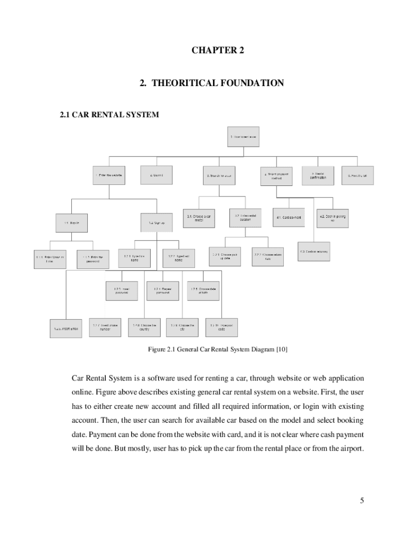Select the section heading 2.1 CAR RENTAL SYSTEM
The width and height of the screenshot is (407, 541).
click(109, 114)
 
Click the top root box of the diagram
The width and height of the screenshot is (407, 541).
click(243, 136)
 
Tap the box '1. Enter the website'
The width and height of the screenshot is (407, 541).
click(110, 175)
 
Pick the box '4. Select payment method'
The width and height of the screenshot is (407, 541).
click(276, 175)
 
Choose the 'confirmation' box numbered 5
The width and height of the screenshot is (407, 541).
click(318, 175)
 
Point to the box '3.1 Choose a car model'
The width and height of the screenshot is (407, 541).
click(199, 218)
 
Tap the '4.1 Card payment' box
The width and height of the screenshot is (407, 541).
click(289, 218)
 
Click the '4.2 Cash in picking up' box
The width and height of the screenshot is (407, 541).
click(332, 218)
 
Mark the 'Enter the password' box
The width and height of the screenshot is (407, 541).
click(92, 259)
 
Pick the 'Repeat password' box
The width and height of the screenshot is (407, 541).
click(163, 291)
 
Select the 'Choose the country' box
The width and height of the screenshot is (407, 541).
click(144, 327)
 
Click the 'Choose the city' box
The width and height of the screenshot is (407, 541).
click(182, 327)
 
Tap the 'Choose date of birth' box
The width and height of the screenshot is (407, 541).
click(203, 291)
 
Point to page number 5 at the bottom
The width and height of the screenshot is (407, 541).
click(362, 501)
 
